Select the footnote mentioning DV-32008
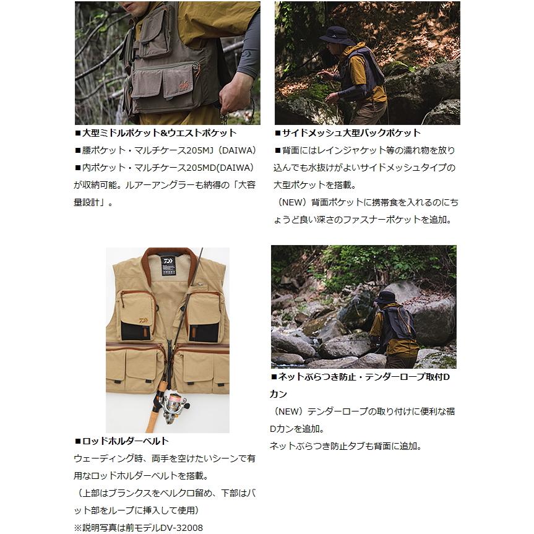point(139,527)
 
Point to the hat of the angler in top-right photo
point(335,34)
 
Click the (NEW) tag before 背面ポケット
point(292,202)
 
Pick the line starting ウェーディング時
point(165,459)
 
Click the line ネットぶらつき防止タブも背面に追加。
point(345,446)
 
